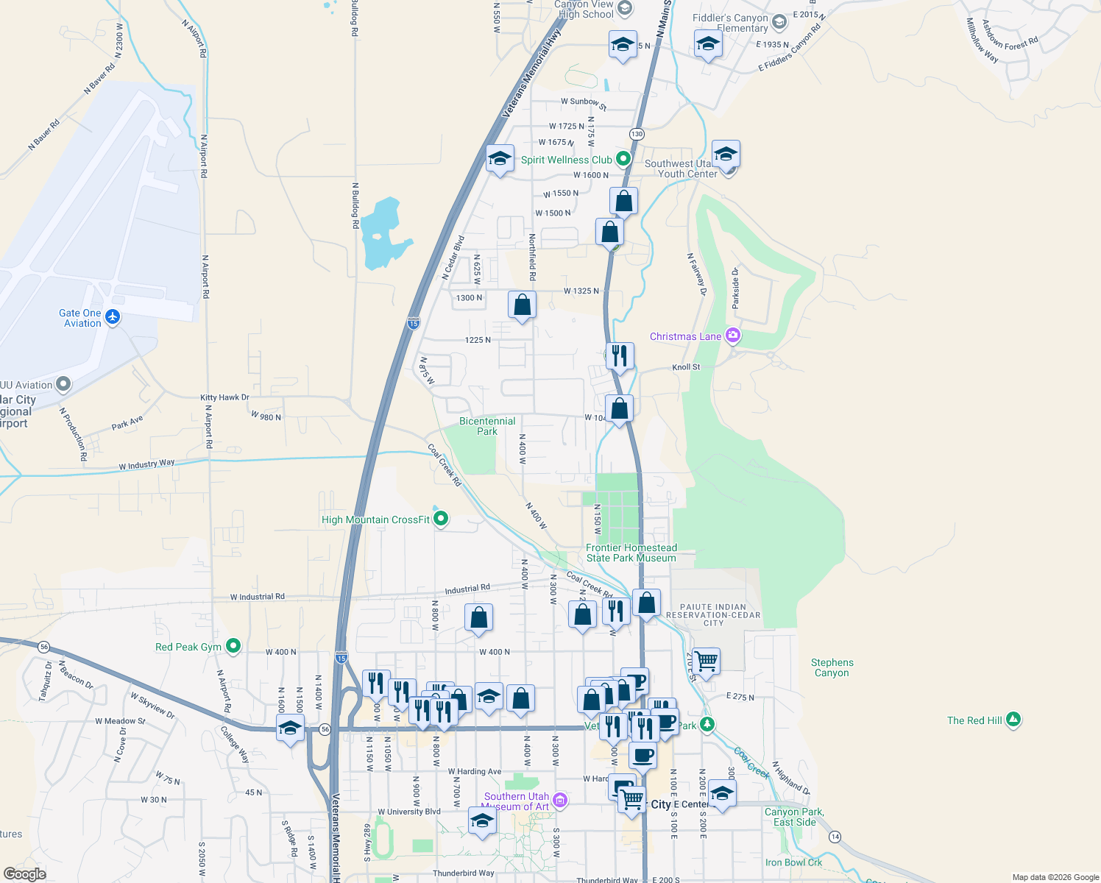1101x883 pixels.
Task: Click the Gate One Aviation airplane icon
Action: [113, 316]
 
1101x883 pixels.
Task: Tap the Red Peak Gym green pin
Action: [233, 646]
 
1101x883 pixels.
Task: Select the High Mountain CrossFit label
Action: [375, 519]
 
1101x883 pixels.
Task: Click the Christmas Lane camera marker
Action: [732, 336]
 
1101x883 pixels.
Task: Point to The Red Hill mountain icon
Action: [1013, 720]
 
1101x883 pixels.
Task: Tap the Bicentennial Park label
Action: [487, 426]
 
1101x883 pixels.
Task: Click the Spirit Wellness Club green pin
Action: [623, 159]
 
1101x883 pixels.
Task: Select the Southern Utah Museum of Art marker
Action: [560, 800]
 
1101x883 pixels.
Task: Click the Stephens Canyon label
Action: [832, 667]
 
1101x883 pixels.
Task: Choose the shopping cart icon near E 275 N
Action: [706, 661]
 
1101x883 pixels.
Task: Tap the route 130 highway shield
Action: [637, 134]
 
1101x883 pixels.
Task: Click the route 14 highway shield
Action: [835, 837]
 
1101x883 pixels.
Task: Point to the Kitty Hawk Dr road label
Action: [224, 397]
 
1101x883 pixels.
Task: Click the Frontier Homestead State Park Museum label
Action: [631, 553]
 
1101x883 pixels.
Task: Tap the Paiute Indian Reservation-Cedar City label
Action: [713, 615]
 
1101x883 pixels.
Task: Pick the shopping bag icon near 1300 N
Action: [522, 305]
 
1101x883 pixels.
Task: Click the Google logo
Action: [24, 874]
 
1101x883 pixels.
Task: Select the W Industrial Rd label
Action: [257, 597]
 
